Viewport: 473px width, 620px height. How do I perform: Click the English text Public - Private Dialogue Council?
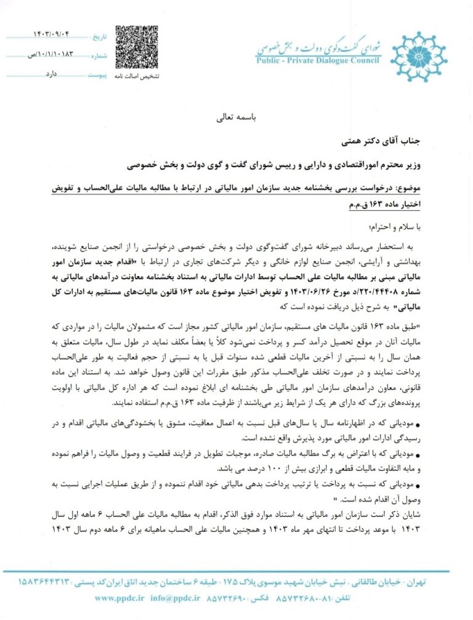[x=317, y=60]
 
